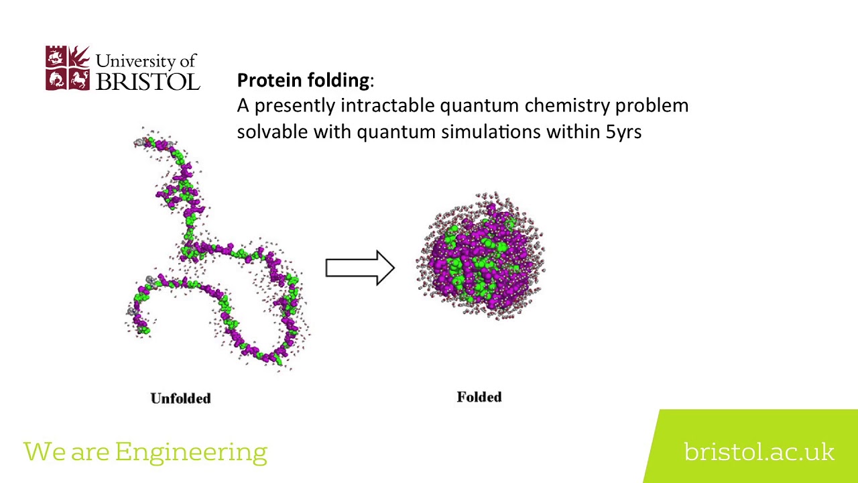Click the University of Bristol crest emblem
(67, 68)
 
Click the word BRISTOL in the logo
(148, 81)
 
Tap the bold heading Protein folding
(302, 80)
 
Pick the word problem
(652, 105)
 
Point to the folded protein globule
(481, 256)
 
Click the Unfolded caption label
(180, 398)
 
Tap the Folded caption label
(479, 397)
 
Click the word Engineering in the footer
(191, 452)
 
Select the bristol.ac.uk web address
(759, 451)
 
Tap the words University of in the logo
(146, 60)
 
